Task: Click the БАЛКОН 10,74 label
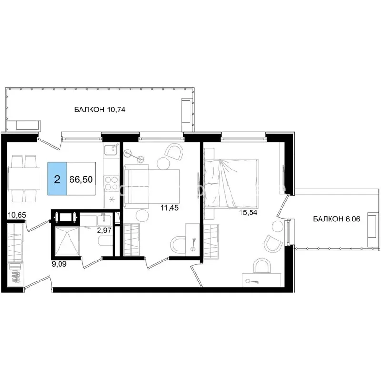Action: click(100, 110)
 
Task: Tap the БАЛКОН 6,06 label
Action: click(337, 219)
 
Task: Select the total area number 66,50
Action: click(81, 180)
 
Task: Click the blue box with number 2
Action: click(57, 179)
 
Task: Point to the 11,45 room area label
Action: click(170, 208)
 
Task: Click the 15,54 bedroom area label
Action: click(248, 212)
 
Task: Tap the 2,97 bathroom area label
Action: click(104, 230)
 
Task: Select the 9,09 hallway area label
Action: click(59, 264)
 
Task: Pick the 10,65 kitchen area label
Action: click(17, 215)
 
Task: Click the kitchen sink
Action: click(111, 149)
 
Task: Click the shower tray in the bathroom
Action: click(67, 241)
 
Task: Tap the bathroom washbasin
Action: click(105, 220)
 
